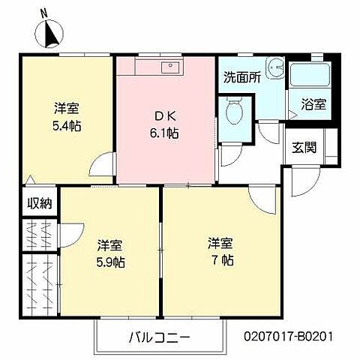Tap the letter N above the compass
click(x=44, y=12)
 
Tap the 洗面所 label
click(x=241, y=76)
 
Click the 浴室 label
click(x=313, y=104)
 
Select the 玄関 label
click(x=304, y=146)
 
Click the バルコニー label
click(x=159, y=337)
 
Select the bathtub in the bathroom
click(x=309, y=76)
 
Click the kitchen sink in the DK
click(x=170, y=67)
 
